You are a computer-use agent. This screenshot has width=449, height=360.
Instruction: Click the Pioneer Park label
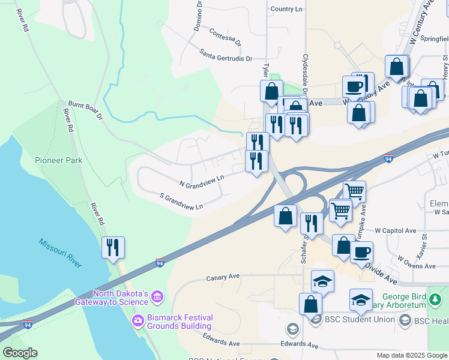pyautogui.click(x=58, y=161)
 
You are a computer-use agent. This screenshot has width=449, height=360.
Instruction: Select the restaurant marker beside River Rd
pyautogui.click(x=113, y=247)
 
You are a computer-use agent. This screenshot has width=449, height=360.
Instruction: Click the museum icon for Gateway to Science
pyautogui.click(x=157, y=297)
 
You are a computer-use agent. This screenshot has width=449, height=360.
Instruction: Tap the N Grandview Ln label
pyautogui.click(x=202, y=179)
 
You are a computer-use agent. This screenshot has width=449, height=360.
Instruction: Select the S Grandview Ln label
pyautogui.click(x=181, y=201)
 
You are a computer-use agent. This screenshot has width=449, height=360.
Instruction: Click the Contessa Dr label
pyautogui.click(x=224, y=37)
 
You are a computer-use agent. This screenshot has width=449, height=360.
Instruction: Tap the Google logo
pyautogui.click(x=20, y=353)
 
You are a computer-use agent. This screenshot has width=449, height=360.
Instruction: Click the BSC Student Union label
pyautogui.click(x=359, y=319)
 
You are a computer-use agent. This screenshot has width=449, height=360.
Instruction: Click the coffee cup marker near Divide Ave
pyautogui.click(x=361, y=252)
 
